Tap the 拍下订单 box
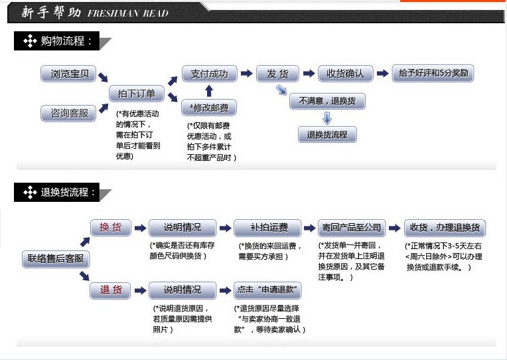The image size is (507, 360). point(137,94)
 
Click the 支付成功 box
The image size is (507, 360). point(209,74)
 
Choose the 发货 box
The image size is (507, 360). point(277,74)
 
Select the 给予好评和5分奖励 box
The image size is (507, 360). point(433,73)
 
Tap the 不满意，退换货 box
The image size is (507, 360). point(327,102)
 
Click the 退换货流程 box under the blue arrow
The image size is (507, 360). point(327,135)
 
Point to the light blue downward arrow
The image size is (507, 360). point(326,118)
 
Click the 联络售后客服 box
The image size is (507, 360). point(56,258)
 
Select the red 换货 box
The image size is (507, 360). point(110,228)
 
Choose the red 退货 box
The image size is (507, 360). point(110,290)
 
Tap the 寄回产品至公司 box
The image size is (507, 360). point(352,228)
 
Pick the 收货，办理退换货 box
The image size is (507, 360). point(445,228)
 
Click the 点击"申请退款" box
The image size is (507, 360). point(268,290)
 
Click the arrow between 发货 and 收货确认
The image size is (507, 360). point(309,74)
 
